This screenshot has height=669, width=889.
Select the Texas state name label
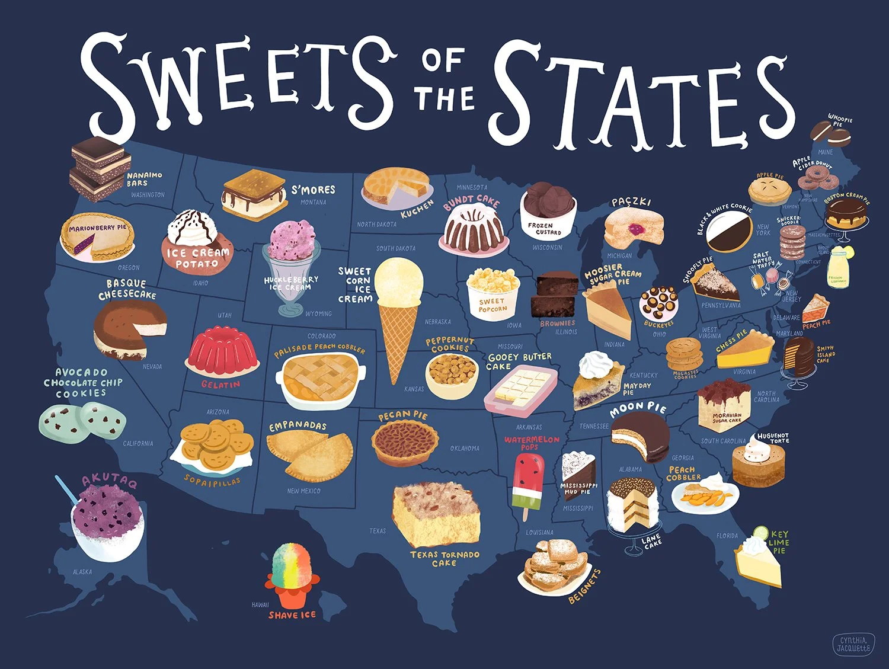[378, 531]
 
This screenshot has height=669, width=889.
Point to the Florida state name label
[727, 536]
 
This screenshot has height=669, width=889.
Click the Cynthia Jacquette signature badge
[853, 644]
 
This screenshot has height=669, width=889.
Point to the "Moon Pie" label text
[638, 409]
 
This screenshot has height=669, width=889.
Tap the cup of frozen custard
[548, 207]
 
